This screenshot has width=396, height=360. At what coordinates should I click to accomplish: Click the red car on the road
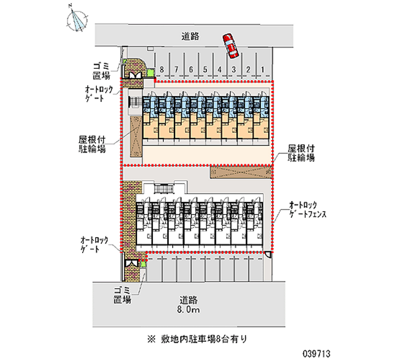coord(230,45)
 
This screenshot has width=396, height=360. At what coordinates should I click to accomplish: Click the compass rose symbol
coord(76,18)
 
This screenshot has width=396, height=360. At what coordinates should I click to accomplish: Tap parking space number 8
coord(162,69)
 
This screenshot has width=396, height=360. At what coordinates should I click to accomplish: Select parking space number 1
coord(262,69)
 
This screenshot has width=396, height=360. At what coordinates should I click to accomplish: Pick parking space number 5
coord(205,69)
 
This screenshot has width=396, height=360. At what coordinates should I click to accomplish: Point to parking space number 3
coord(234,69)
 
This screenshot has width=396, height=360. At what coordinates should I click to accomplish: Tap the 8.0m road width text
coord(189,310)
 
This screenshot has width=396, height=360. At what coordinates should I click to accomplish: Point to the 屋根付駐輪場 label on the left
coord(91,144)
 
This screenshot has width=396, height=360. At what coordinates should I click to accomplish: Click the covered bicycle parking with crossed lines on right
coord(241,172)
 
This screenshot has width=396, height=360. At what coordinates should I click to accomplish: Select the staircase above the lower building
coord(162,189)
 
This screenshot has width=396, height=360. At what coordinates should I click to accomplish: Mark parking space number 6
coord(191,69)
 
